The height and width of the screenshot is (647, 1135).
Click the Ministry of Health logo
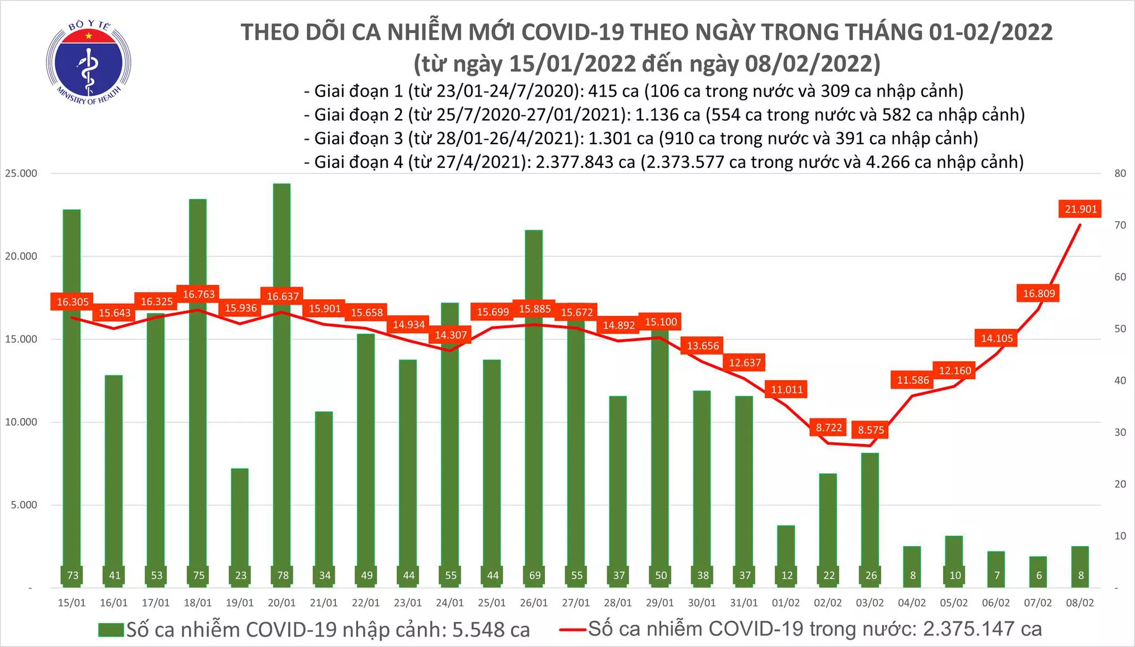88,63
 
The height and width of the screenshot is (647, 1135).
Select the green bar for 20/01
281,375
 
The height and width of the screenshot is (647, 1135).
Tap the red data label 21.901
1081,209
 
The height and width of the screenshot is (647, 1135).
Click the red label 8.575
871,430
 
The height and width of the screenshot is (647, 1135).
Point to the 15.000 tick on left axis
21,339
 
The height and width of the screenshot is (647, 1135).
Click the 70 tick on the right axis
1120,225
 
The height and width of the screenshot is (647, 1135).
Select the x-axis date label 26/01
533,603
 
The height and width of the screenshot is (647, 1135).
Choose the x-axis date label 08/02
1079,603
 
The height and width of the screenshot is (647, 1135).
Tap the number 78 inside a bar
283,575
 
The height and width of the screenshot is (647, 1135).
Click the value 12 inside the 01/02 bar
787,575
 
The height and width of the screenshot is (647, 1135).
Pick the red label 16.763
199,294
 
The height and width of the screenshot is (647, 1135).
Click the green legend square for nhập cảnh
111,630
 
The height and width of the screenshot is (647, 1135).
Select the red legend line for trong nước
572,629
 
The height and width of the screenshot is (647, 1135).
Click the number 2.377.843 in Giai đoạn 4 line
585,162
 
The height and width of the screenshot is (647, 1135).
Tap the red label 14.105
997,338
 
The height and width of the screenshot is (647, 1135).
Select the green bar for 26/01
533,397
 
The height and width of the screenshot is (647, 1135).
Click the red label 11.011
787,389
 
